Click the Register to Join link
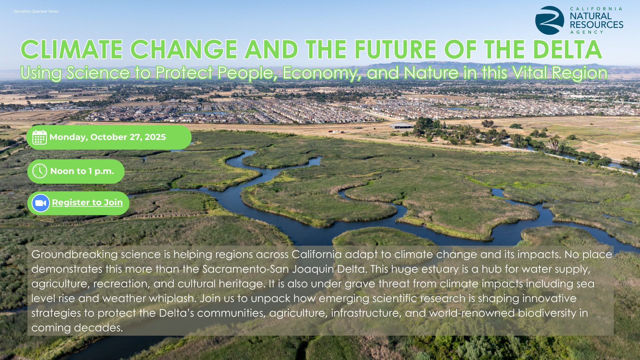point(87,202)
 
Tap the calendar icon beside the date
point(40,137)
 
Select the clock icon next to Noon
point(40,171)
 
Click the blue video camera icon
point(41,203)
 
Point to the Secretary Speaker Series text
point(36,11)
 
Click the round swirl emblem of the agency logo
point(550,20)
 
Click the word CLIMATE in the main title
point(72,50)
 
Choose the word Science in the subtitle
point(98,73)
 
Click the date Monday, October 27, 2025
point(108,137)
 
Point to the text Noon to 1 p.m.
point(82,171)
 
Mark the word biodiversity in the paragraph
point(547,313)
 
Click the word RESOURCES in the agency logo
point(597,25)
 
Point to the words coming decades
point(77,328)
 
